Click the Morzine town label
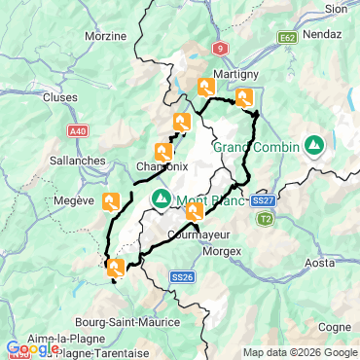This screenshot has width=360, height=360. pos(107,36)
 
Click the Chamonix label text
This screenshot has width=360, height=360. pos(162,167)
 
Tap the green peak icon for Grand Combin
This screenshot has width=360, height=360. pos(314,147)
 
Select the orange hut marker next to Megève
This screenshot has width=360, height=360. pos(113,201)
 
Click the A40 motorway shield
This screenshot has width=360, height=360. pos(80,127)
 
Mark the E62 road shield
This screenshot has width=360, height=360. pos(286,38)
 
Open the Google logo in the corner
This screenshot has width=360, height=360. pos(31,348)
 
